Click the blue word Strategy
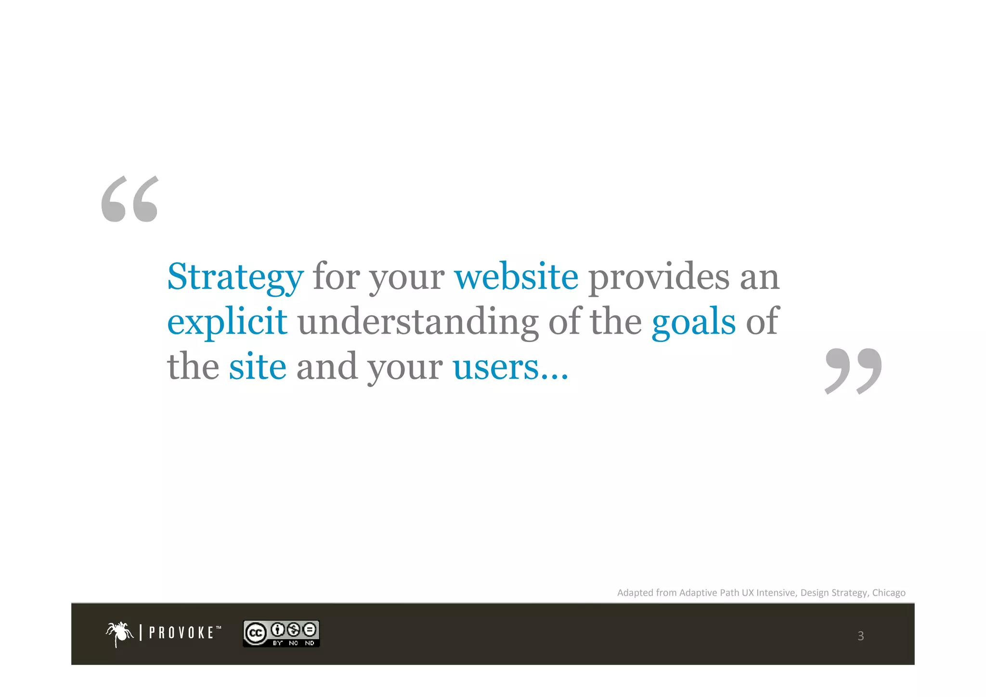coord(235,277)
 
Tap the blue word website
coord(516,276)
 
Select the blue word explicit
coord(227,322)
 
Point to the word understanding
coord(417,322)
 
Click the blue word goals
coord(693,322)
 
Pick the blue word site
coord(257,367)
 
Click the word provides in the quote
coord(659,277)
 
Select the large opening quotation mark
coord(130,199)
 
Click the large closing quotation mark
coord(853,371)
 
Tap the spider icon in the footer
coord(119,633)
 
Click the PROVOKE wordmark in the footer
coord(182,632)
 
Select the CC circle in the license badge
coord(256,633)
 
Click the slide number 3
coord(860,636)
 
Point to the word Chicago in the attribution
coord(888,592)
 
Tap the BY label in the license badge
coord(278,643)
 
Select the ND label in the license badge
coord(310,643)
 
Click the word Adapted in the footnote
coord(635,592)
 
